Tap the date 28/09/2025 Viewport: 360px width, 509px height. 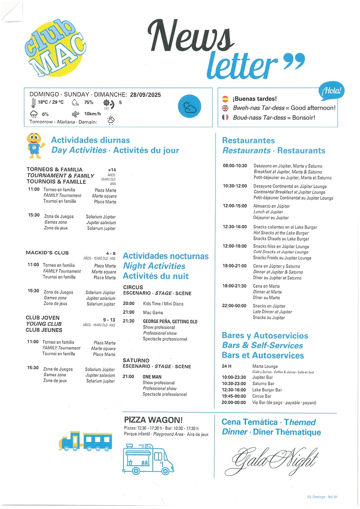click(x=145, y=95)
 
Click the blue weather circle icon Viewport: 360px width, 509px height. click(x=188, y=107)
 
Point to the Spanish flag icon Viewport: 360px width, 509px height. click(x=225, y=99)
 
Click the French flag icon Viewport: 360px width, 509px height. click(x=225, y=117)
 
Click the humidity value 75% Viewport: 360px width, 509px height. click(x=88, y=102)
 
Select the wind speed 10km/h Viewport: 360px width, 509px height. click(x=92, y=114)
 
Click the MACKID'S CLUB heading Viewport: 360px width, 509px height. click(x=47, y=252)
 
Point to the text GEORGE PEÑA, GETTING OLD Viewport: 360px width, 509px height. click(x=170, y=321)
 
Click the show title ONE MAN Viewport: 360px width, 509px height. click(x=152, y=377)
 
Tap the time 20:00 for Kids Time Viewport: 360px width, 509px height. click(x=128, y=304)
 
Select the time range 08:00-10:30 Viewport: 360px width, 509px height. click(x=235, y=166)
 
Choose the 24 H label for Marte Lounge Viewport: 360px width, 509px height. click(x=227, y=366)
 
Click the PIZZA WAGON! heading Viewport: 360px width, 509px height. click(x=154, y=420)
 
